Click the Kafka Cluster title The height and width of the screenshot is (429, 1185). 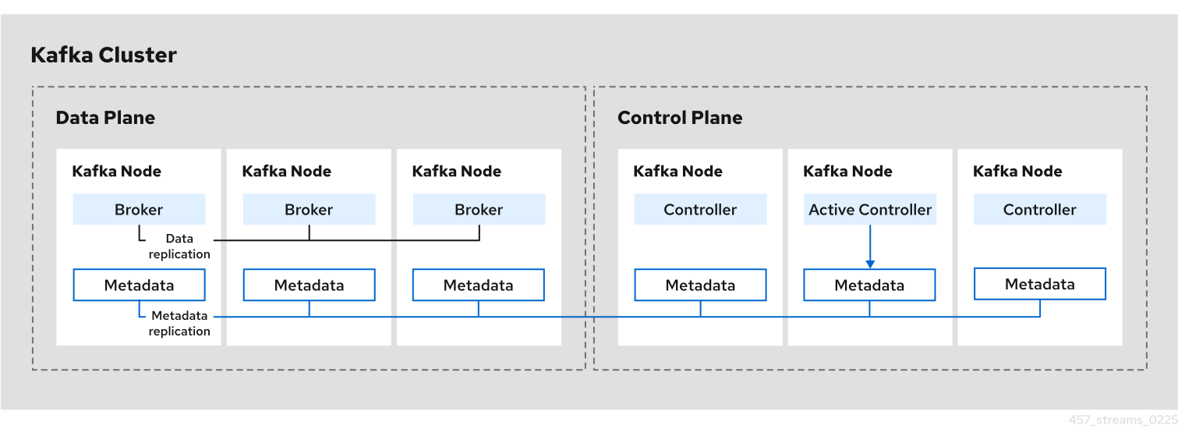104,55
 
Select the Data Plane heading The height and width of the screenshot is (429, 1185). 105,118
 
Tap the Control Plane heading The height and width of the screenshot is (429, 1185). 680,118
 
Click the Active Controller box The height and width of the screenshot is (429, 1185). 870,210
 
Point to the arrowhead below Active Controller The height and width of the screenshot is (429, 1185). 870,264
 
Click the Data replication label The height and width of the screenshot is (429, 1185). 179,246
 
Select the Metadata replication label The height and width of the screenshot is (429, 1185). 179,324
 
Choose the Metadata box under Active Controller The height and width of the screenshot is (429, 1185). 869,285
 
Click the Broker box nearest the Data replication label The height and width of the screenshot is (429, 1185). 139,210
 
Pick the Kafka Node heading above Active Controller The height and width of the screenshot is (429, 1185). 847,172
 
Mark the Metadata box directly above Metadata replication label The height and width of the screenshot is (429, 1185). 139,285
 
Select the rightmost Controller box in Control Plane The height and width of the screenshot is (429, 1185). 1039,210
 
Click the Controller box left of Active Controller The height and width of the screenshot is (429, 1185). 700,210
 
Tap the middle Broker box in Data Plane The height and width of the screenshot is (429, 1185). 309,210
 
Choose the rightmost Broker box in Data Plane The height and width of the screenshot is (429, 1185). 479,210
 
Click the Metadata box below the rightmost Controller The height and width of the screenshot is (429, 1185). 1039,285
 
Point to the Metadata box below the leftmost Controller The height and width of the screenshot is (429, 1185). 700,285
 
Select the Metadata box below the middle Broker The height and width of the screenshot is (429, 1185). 309,285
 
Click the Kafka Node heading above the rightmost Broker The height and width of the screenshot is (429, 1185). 457,172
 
